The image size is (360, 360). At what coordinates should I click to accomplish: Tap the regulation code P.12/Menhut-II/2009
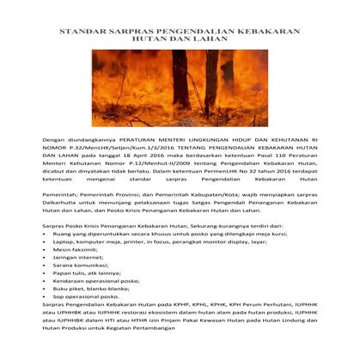(150, 170)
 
